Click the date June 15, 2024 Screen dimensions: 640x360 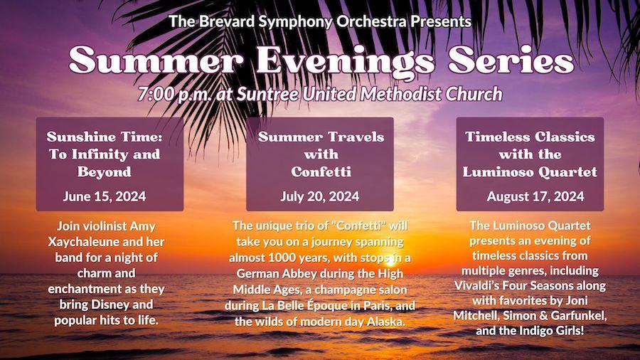(x=105, y=196)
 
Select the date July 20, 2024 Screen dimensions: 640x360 (x=320, y=196)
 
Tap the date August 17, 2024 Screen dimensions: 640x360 (x=535, y=196)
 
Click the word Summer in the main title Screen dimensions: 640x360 (x=156, y=60)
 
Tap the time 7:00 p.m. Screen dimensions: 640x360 (x=176, y=95)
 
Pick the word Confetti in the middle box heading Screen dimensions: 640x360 (x=321, y=171)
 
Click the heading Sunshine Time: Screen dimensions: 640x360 (x=105, y=137)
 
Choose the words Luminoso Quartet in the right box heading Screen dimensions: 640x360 (x=530, y=172)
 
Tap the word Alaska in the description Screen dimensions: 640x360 (x=385, y=322)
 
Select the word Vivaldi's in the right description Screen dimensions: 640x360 (x=475, y=285)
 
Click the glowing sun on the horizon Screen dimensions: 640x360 (x=390, y=260)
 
